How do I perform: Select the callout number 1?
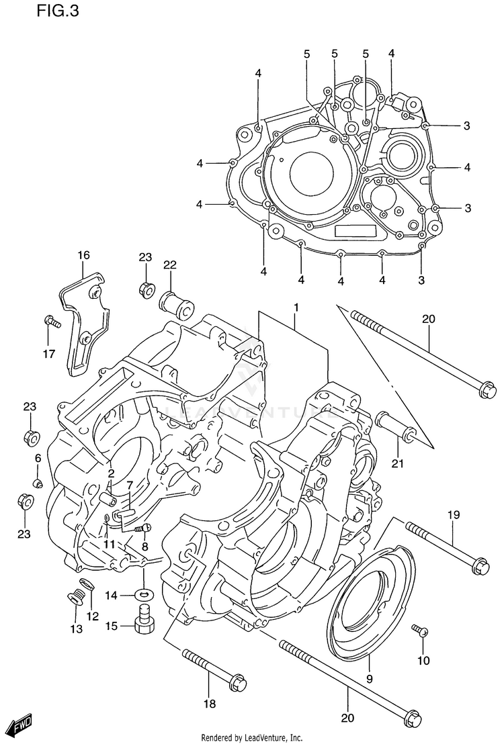[294, 308]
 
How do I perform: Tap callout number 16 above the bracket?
[83, 255]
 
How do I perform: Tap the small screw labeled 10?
[419, 630]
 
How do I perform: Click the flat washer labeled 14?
[143, 594]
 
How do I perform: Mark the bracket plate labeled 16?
[85, 322]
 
